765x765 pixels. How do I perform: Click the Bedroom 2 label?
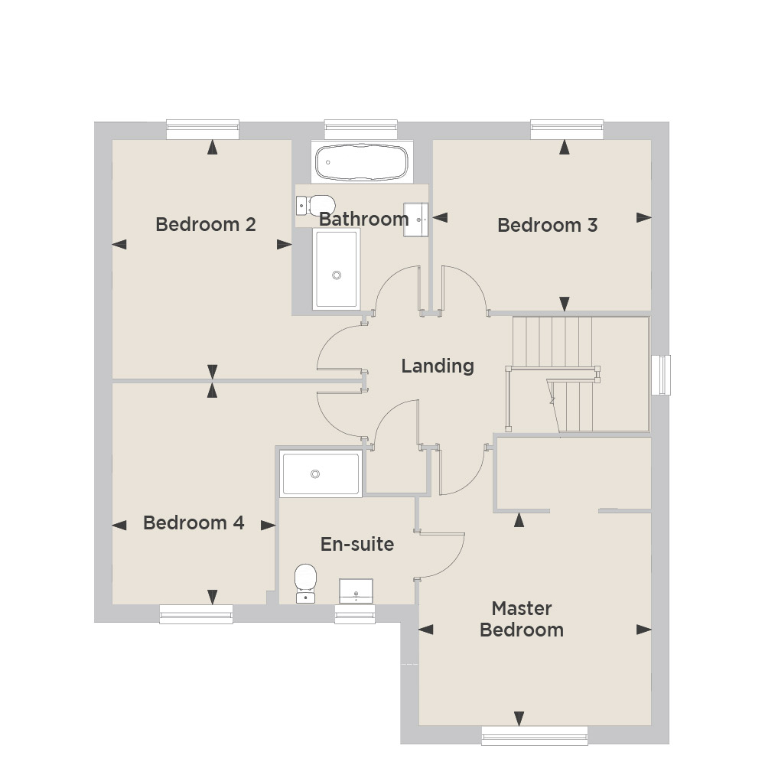point(205,224)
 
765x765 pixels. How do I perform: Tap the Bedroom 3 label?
point(548,226)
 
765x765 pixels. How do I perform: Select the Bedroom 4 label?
point(194,523)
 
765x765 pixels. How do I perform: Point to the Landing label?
point(438,366)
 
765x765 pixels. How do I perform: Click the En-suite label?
point(357,544)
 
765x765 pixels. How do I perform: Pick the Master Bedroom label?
point(522,619)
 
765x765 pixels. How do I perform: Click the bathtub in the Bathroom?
point(362,162)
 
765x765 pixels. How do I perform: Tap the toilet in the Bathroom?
point(315,205)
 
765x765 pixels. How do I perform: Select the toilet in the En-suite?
point(305,584)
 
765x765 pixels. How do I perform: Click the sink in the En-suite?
point(356,591)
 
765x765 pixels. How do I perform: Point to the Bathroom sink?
point(415,220)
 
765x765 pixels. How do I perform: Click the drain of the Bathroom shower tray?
point(337,275)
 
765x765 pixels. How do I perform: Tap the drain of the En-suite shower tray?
point(315,474)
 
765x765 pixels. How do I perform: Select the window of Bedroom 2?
point(203,130)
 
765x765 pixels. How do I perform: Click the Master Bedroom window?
point(535,736)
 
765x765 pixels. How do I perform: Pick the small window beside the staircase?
point(661,375)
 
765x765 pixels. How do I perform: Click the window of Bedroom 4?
point(196,614)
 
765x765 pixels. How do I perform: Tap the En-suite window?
point(355,614)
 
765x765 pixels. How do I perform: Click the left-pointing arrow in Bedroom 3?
point(440,217)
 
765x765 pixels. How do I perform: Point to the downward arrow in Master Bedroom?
point(519,718)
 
